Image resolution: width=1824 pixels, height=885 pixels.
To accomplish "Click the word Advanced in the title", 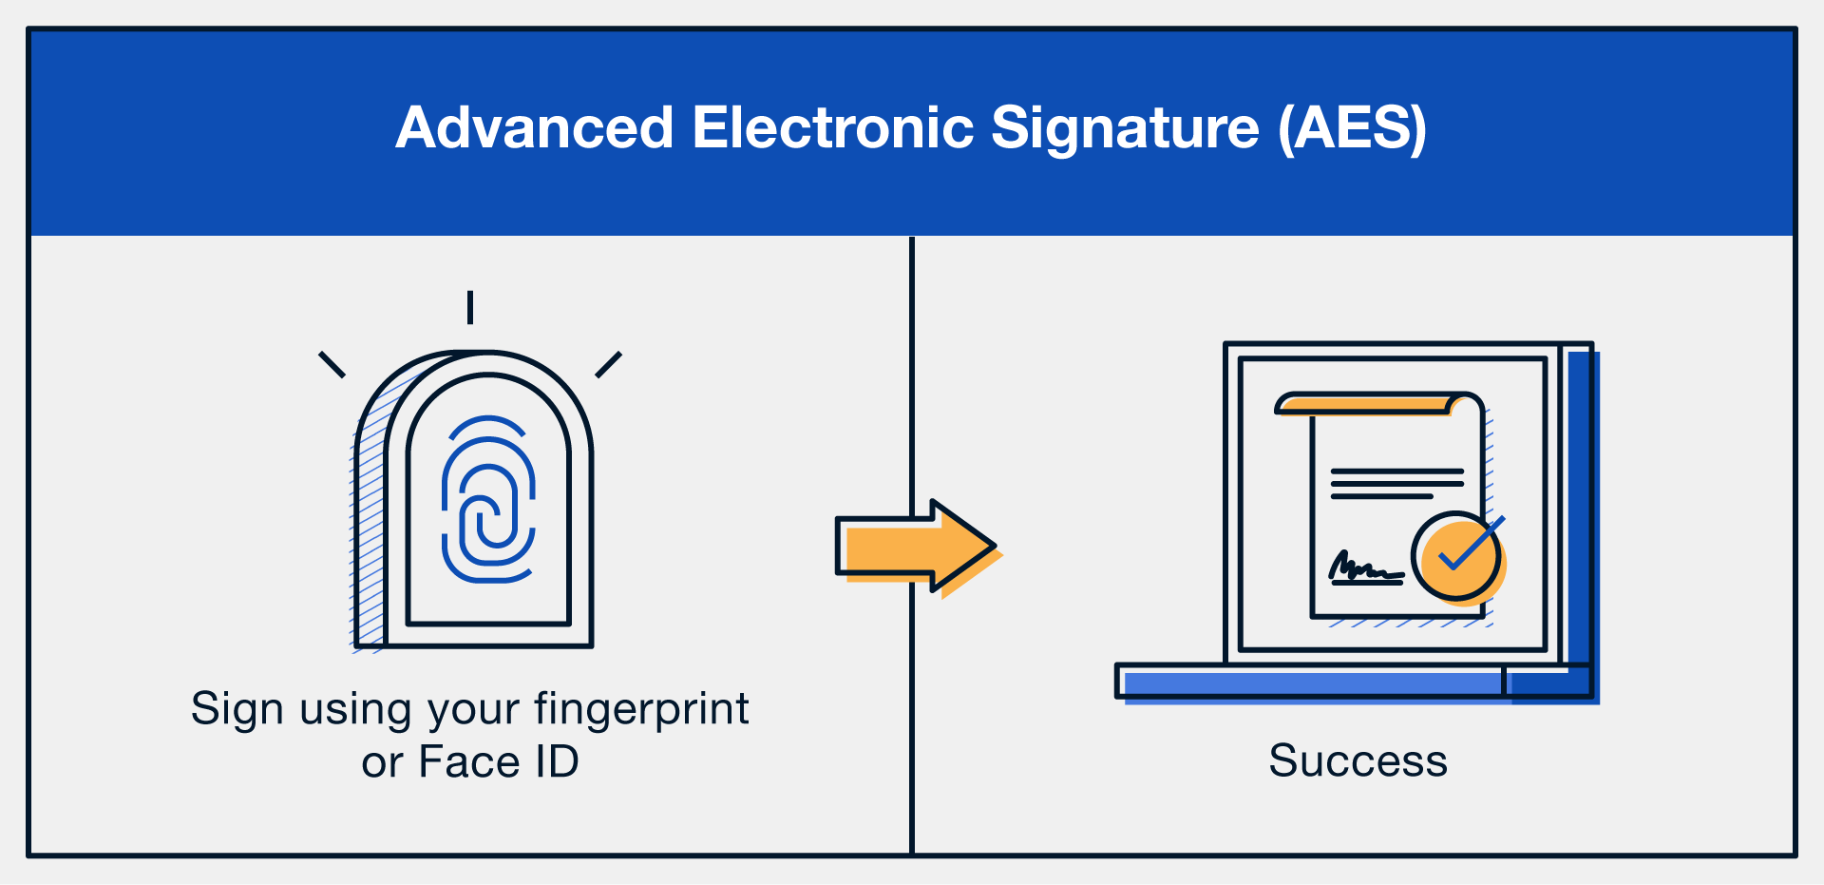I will pyautogui.click(x=535, y=128).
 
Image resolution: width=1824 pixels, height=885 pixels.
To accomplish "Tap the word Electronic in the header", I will pyautogui.click(x=833, y=128).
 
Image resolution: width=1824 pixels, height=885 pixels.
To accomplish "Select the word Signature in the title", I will pyautogui.click(x=1125, y=128).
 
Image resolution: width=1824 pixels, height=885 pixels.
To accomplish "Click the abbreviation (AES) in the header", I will pyautogui.click(x=1352, y=128).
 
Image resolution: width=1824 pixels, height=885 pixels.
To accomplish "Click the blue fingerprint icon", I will pyautogui.click(x=488, y=499).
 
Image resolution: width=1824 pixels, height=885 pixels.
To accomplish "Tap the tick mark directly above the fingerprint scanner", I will pyautogui.click(x=470, y=307).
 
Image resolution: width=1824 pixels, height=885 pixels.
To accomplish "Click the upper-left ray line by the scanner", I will pyautogui.click(x=332, y=365).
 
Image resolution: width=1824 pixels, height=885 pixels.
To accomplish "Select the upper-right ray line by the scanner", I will pyautogui.click(x=608, y=365).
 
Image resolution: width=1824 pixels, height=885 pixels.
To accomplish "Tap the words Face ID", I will pyautogui.click(x=499, y=762).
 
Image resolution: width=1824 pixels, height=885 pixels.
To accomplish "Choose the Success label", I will pyautogui.click(x=1358, y=760).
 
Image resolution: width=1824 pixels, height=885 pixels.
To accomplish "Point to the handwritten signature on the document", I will pyautogui.click(x=1364, y=568).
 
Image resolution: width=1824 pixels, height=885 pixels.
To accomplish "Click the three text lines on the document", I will pyautogui.click(x=1396, y=483).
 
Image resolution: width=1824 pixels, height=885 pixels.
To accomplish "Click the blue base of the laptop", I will pyautogui.click(x=1311, y=683).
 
